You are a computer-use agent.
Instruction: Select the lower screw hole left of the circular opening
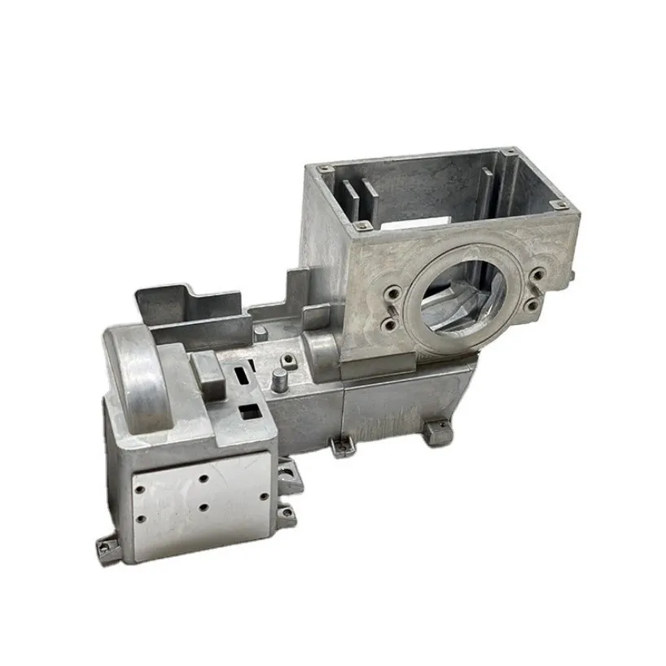391,324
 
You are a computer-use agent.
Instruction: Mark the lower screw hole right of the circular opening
532,305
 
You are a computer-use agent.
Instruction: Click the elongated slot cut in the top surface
242,376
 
